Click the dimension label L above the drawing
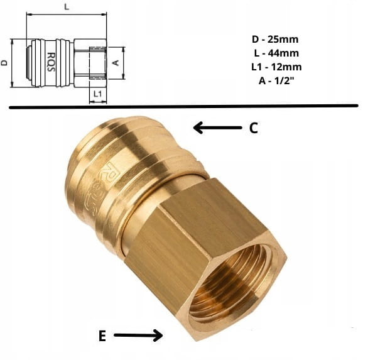point(67,7)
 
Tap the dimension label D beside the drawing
point(4,63)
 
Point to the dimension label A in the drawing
point(116,63)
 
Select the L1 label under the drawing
point(97,94)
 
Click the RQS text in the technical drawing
point(51,62)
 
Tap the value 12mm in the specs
point(286,67)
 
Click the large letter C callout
point(253,128)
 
